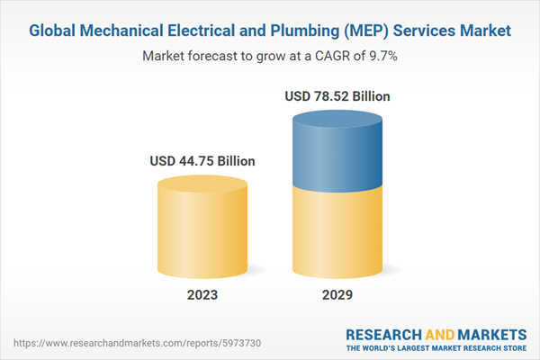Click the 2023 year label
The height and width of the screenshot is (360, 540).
point(202,295)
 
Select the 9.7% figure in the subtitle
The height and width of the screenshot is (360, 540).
point(382,56)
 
